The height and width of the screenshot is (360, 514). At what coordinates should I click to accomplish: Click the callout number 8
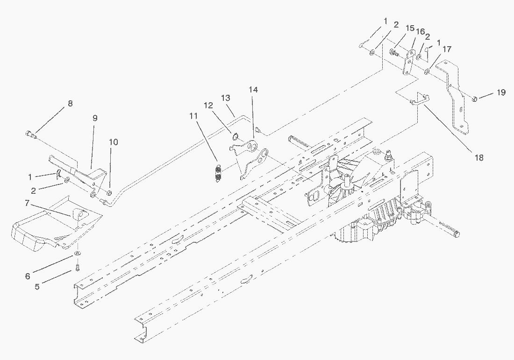70,104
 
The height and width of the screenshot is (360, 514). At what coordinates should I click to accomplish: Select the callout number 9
95,118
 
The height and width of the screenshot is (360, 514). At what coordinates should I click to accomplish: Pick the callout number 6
28,276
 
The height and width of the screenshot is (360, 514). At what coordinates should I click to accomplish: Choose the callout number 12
208,106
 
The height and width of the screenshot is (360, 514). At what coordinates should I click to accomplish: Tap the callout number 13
226,98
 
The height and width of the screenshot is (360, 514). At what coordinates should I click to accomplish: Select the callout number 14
253,89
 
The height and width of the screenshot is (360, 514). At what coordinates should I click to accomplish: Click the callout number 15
410,28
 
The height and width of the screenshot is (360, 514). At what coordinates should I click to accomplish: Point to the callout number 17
447,49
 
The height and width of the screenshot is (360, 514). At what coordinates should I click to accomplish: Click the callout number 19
501,92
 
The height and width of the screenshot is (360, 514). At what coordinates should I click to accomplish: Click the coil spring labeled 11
217,173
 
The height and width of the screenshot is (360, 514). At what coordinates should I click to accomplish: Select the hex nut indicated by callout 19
474,99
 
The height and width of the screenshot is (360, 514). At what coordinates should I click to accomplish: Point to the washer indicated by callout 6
76,254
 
